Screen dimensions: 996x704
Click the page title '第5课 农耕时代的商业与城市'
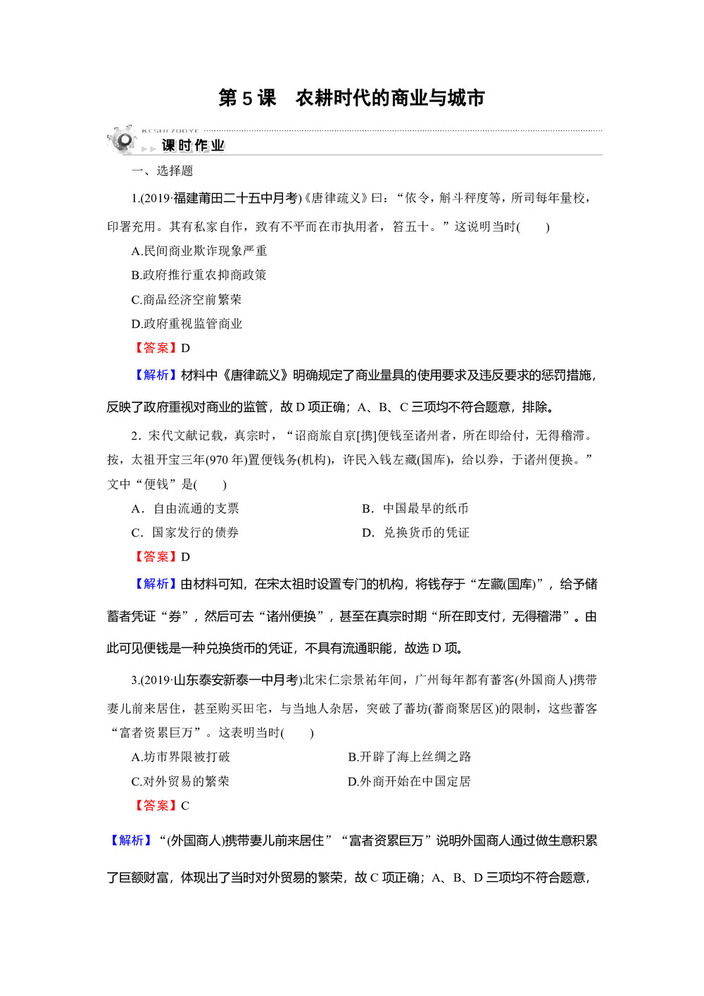pyautogui.click(x=351, y=98)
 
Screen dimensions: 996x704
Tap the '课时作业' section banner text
pyautogui.click(x=193, y=146)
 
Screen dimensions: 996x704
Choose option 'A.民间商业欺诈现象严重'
pyautogui.click(x=199, y=251)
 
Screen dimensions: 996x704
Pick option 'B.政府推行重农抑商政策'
pyautogui.click(x=199, y=275)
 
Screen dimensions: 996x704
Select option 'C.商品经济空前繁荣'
pyautogui.click(x=187, y=299)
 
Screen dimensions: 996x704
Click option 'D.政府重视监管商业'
pyautogui.click(x=187, y=324)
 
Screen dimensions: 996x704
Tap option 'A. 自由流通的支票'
pyautogui.click(x=185, y=509)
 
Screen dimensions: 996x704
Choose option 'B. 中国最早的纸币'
pyautogui.click(x=415, y=509)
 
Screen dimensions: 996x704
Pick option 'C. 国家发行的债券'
pyautogui.click(x=185, y=533)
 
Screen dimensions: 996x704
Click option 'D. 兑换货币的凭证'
pyautogui.click(x=415, y=533)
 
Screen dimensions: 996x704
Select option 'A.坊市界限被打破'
pyautogui.click(x=181, y=757)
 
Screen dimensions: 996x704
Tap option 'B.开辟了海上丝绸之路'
pyautogui.click(x=410, y=757)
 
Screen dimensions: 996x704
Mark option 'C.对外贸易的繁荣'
pyautogui.click(x=180, y=782)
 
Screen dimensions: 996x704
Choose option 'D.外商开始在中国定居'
pyautogui.click(x=409, y=782)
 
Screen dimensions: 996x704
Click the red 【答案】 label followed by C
pyautogui.click(x=156, y=806)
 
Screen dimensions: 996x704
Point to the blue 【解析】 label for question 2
pyautogui.click(x=156, y=584)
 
